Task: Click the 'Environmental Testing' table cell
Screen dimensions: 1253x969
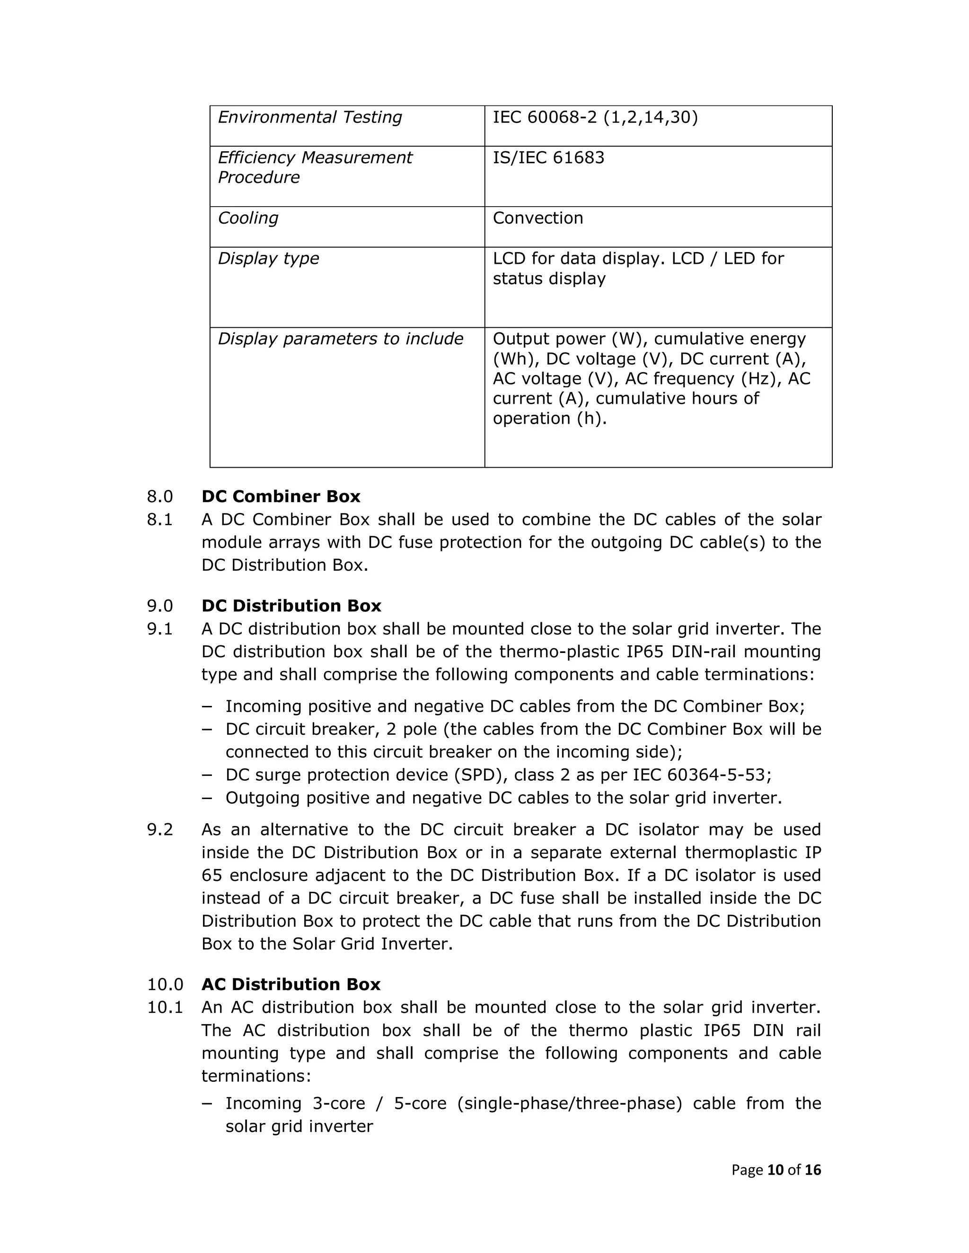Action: [310, 118]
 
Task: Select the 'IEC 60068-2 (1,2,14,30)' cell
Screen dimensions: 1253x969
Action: [595, 118]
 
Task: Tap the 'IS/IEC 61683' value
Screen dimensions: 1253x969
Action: [548, 158]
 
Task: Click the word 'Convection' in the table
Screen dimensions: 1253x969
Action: [537, 218]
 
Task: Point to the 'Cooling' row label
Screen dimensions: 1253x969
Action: [248, 218]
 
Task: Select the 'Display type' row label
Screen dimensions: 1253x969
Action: [268, 259]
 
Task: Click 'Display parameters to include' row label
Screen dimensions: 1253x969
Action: [340, 339]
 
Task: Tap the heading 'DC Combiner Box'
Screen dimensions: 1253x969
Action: [281, 496]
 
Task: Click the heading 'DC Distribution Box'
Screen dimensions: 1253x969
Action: [291, 606]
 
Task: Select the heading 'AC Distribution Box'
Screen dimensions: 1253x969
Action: [291, 984]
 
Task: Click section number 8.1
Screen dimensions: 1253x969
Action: [159, 520]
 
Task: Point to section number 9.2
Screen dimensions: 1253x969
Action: [159, 830]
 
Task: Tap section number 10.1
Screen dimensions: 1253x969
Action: [165, 1008]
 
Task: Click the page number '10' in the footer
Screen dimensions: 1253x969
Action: [775, 1170]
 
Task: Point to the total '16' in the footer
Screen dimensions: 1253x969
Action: [813, 1170]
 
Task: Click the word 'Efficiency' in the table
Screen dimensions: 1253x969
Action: [256, 158]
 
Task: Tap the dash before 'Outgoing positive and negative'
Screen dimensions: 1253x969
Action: [207, 798]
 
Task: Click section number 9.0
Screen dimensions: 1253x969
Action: [159, 606]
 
